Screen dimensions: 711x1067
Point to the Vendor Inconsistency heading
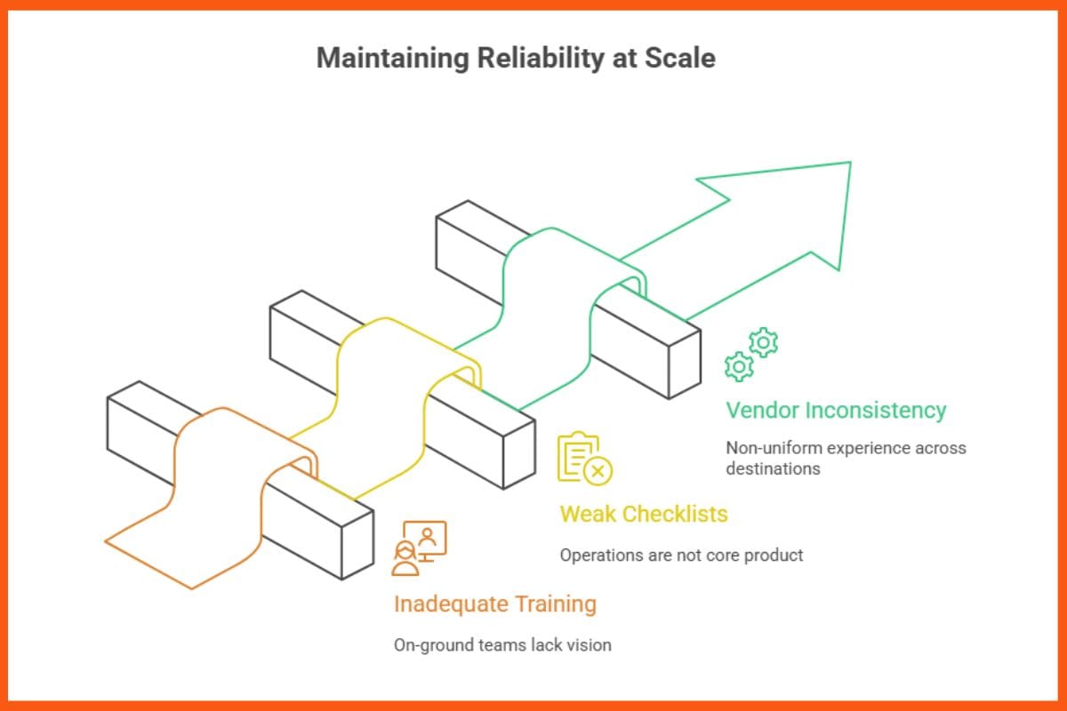pyautogui.click(x=836, y=411)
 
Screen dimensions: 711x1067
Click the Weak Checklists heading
pyautogui.click(x=643, y=514)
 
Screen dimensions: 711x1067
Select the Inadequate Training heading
pyautogui.click(x=494, y=604)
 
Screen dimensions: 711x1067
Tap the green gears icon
pyautogui.click(x=751, y=354)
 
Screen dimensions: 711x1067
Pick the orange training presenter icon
pyautogui.click(x=419, y=547)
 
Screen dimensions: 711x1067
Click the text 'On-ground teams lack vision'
pyautogui.click(x=502, y=645)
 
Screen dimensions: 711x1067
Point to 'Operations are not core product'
pyautogui.click(x=681, y=555)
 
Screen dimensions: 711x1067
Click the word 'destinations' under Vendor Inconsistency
pyautogui.click(x=773, y=468)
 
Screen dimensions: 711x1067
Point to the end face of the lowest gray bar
pyautogui.click(x=357, y=545)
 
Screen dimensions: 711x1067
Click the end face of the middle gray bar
pyautogui.click(x=519, y=453)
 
